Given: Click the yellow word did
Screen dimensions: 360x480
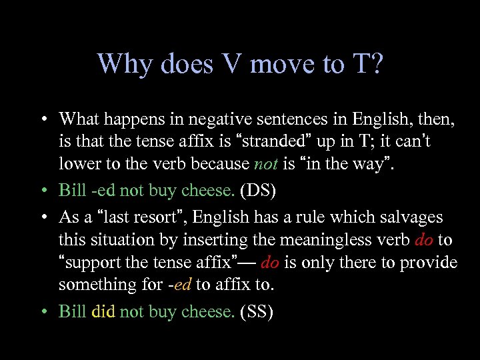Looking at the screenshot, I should point(103,311).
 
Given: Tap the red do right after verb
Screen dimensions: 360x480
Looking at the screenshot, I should point(424,239).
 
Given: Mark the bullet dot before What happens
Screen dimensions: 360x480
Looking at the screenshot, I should point(42,120).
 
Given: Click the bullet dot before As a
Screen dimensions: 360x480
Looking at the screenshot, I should point(42,218).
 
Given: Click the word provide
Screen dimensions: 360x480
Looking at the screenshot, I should point(429,262).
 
